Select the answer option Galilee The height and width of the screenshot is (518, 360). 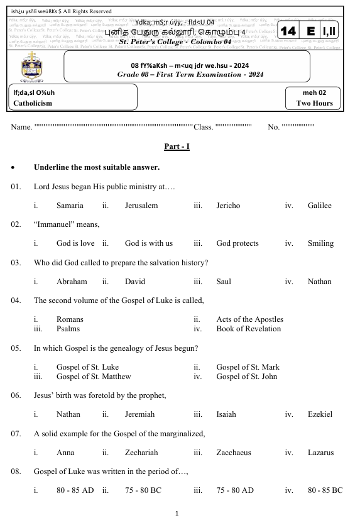(319, 206)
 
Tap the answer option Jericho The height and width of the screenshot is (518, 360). (228, 206)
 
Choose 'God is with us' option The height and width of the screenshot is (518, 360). (148, 243)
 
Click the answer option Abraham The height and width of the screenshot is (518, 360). (72, 282)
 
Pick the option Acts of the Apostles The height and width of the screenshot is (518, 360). (249, 319)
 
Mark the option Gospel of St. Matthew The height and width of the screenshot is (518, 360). (94, 377)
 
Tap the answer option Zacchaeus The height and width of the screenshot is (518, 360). (233, 453)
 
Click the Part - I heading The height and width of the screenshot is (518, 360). (177, 146)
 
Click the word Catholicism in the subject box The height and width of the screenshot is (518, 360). (33, 104)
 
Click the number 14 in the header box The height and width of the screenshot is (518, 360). (290, 31)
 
